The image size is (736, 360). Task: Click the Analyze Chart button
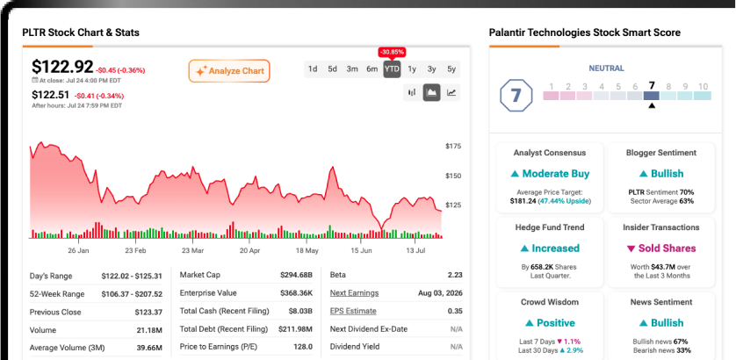[x=229, y=71]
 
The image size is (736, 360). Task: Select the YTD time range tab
[x=392, y=69]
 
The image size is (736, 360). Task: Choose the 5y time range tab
[x=451, y=69]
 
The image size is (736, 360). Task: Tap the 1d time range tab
[x=313, y=69]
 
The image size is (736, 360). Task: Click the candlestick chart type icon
[x=412, y=92]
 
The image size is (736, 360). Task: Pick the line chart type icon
[x=451, y=92]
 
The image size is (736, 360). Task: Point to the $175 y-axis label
[x=453, y=147]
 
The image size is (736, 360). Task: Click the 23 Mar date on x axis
[x=193, y=250]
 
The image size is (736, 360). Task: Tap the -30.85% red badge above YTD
[x=392, y=52]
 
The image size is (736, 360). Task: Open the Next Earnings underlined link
[x=355, y=293]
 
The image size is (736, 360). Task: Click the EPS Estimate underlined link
[x=353, y=311]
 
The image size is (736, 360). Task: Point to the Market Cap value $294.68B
[x=296, y=275]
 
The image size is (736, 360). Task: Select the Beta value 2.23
[x=455, y=275]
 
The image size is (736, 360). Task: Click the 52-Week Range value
[x=132, y=294]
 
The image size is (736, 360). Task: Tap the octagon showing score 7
[x=516, y=96]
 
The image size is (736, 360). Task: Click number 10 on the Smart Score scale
[x=703, y=86]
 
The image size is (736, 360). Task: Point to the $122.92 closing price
[x=62, y=67]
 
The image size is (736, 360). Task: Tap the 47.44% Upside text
[x=565, y=201]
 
